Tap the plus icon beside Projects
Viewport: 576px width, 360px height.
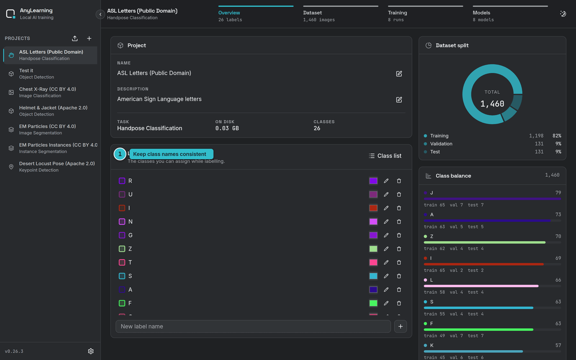pos(89,39)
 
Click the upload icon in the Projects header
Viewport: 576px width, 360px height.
pos(75,39)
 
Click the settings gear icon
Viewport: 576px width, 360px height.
pos(91,351)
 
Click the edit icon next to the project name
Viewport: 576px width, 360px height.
pos(399,74)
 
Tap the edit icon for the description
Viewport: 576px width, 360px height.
pos(399,100)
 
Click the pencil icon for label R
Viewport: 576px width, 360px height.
pos(386,181)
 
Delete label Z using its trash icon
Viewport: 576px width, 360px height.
pos(399,249)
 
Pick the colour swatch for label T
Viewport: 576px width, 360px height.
pos(373,262)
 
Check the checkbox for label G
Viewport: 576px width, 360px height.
pos(122,235)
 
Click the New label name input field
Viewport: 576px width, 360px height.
pos(253,326)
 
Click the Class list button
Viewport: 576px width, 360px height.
pos(385,156)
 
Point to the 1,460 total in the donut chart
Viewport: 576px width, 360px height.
pos(492,104)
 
